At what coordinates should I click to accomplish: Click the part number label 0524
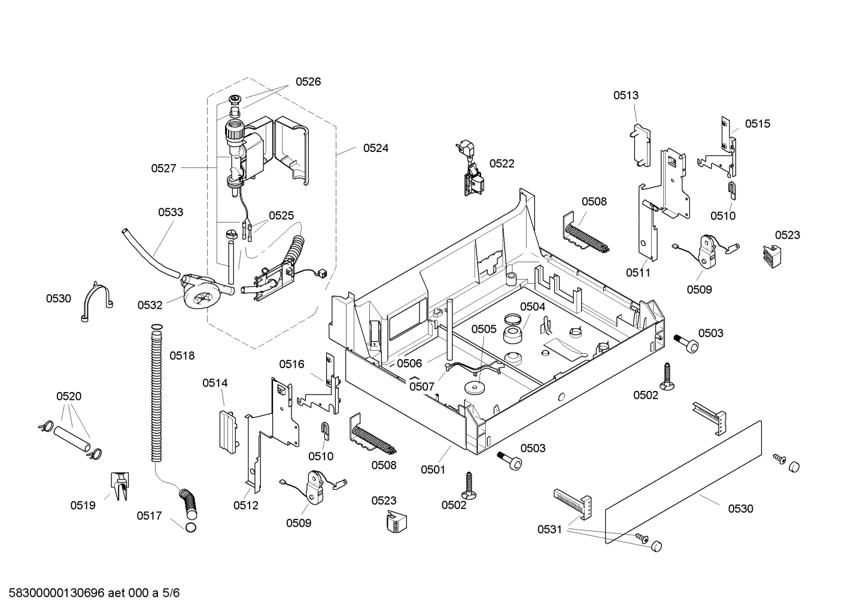tap(375, 148)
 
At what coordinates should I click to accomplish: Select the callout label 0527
tap(163, 168)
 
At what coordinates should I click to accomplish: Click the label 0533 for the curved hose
tap(171, 212)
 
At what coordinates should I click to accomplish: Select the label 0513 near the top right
tap(625, 95)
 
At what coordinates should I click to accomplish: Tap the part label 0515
tap(758, 123)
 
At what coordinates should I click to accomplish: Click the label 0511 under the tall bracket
tap(638, 272)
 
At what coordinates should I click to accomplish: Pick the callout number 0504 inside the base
tap(532, 306)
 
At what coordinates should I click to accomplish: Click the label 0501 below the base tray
tap(433, 469)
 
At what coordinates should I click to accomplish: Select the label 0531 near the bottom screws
tap(549, 529)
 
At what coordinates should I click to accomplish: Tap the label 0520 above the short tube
tap(69, 396)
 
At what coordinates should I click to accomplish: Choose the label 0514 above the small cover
tap(215, 383)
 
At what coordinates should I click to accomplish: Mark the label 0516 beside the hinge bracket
tap(291, 364)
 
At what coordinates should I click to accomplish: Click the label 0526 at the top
tap(308, 81)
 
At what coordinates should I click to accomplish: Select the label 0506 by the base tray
tap(409, 363)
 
